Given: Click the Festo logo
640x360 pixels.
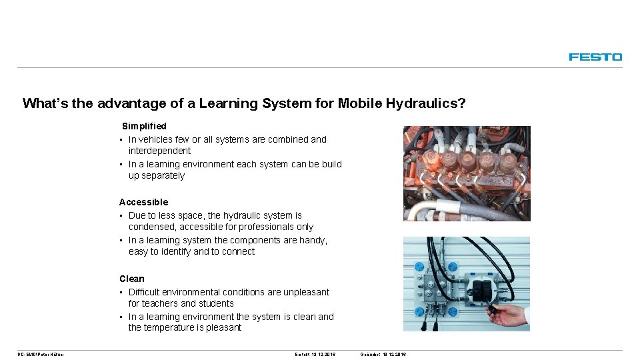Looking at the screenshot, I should pos(595,57).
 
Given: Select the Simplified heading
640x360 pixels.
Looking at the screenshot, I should pos(144,126).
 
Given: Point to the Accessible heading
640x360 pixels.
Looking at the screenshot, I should pos(143,202).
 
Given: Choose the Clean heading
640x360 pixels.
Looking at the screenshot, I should pos(131,279).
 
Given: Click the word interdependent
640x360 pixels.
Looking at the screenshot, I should pos(159,151).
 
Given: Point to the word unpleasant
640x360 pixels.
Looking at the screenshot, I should pos(307,292).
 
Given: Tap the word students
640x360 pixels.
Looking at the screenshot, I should pos(216,303).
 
